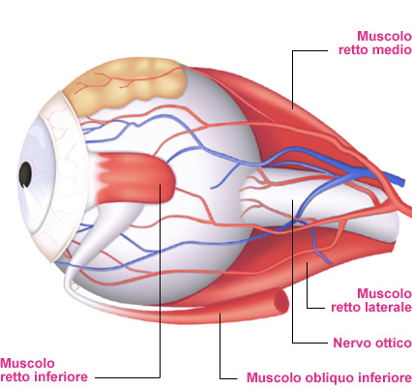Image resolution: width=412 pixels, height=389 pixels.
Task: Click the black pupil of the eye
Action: click(x=25, y=174)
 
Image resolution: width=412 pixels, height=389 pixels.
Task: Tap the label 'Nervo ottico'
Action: click(x=372, y=343)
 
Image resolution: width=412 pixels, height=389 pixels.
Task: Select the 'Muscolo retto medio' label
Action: click(x=375, y=43)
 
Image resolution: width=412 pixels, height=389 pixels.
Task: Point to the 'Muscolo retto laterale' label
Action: click(x=371, y=300)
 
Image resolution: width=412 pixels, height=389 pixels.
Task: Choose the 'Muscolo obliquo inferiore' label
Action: click(x=329, y=377)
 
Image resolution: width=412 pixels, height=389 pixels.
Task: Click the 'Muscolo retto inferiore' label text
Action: click(x=44, y=370)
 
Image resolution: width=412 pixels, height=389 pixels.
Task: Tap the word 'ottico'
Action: click(x=391, y=343)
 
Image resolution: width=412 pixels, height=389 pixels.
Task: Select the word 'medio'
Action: click(x=392, y=50)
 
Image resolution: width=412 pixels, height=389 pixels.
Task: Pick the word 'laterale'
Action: click(x=389, y=307)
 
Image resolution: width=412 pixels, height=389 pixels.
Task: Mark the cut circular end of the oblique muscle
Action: click(x=280, y=301)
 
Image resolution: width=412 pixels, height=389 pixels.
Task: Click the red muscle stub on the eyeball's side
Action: click(x=135, y=178)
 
